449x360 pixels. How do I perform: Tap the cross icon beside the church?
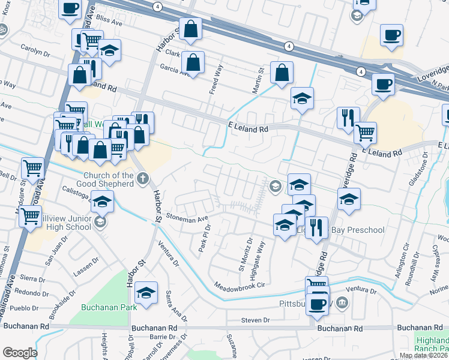pyautogui.click(x=143, y=178)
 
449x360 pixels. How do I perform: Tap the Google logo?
pyautogui.click(x=19, y=353)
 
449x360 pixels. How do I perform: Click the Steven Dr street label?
pyautogui.click(x=255, y=320)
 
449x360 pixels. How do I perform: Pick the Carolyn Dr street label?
pyautogui.click(x=35, y=52)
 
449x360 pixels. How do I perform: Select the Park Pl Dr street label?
pyautogui.click(x=205, y=238)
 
